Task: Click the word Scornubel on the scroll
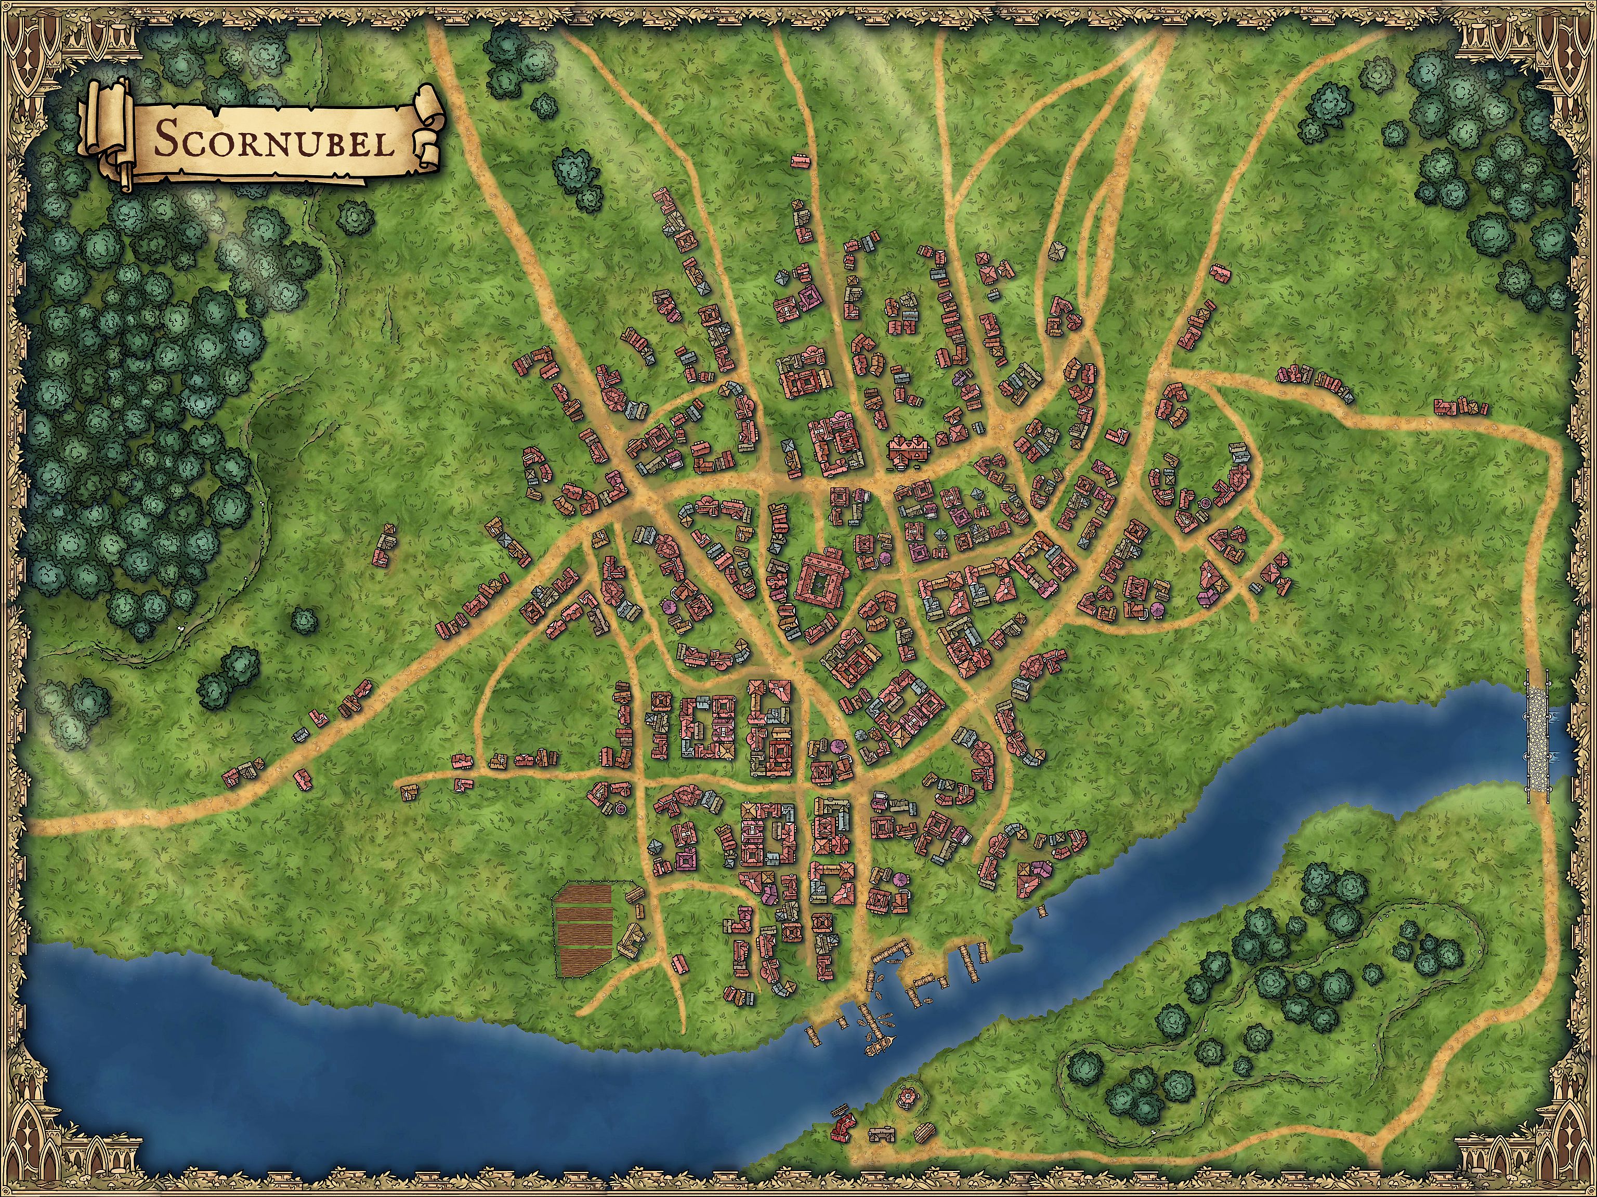click(x=274, y=141)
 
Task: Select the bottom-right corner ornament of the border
click(x=1563, y=1163)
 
